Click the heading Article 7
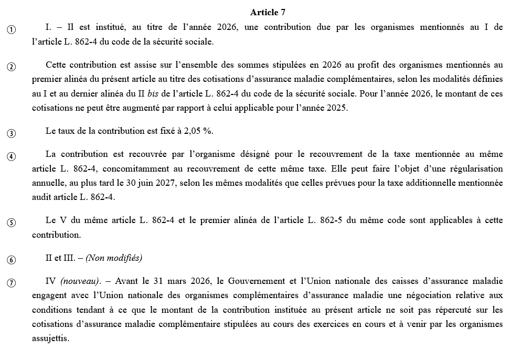coord(268,12)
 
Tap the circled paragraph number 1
coord(11,30)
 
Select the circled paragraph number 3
coord(11,133)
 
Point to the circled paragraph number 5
coord(11,223)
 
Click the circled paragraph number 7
coord(11,283)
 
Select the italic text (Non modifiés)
coord(114,258)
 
